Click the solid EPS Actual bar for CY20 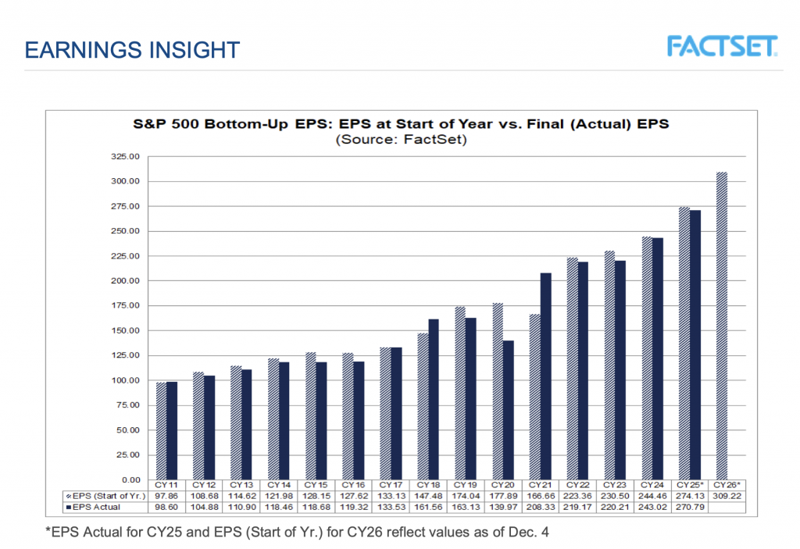pos(508,410)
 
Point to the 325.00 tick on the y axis pos(126,157)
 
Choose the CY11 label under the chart pos(166,485)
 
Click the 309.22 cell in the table pos(727,496)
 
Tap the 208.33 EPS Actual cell pos(541,507)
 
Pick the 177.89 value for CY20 pos(502,496)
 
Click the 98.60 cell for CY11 pos(166,507)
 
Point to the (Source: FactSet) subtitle pos(400,140)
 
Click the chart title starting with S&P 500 pos(400,123)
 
